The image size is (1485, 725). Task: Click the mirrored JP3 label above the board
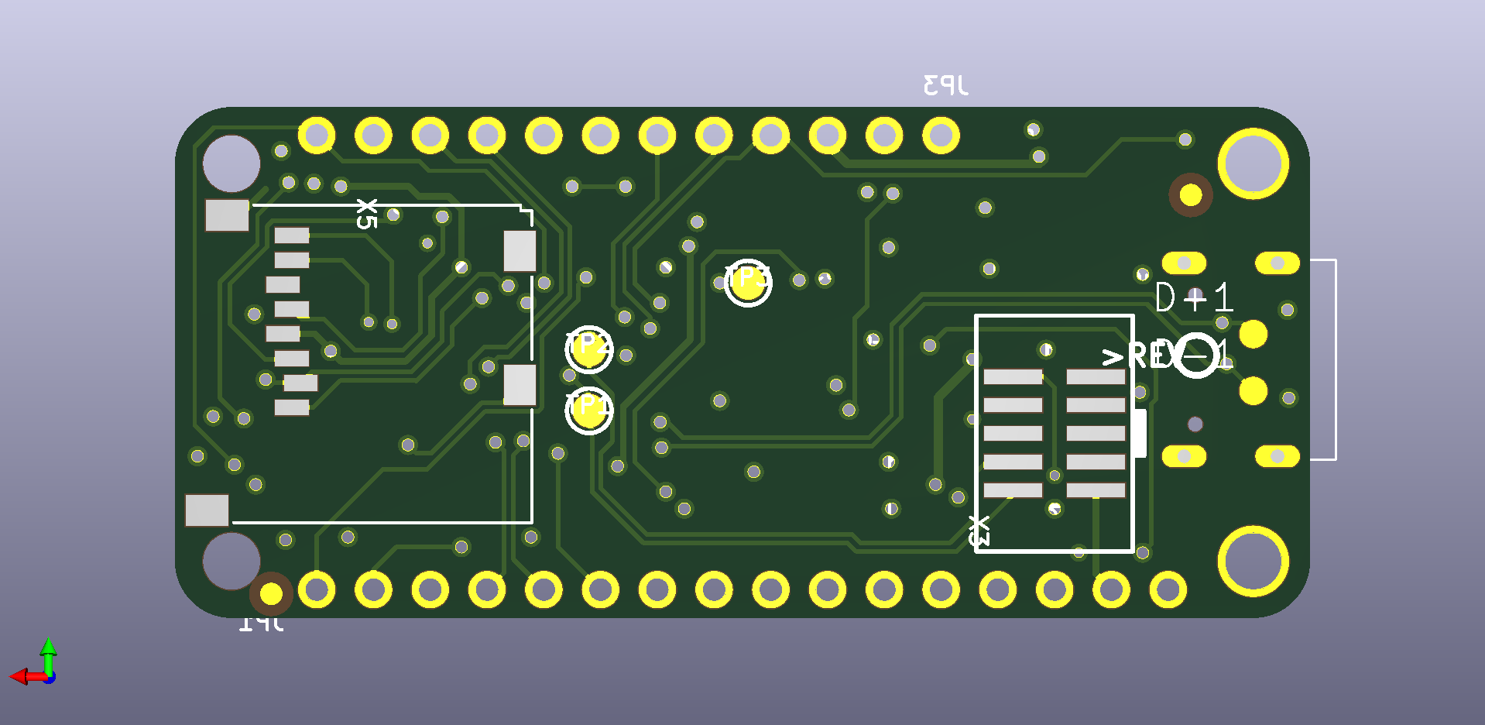[x=945, y=84]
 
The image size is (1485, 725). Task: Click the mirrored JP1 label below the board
[x=261, y=622]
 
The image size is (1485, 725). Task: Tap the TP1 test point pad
[x=588, y=411]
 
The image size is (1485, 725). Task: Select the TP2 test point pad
[x=588, y=349]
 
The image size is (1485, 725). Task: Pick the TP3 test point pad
[x=748, y=283]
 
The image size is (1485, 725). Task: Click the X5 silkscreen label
[x=366, y=214]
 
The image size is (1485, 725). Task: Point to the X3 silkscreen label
[x=979, y=531]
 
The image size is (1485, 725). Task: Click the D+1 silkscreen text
[x=1193, y=297]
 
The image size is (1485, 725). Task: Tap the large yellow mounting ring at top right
[x=1253, y=163]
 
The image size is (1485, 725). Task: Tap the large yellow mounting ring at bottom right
[x=1253, y=562]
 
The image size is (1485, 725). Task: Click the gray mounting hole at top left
[x=231, y=163]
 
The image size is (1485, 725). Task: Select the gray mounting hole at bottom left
[x=230, y=560]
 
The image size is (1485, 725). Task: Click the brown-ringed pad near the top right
[x=1190, y=195]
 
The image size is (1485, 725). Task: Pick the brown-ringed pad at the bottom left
[x=271, y=594]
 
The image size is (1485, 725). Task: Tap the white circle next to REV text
[x=1196, y=356]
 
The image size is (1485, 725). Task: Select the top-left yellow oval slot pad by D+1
[x=1184, y=263]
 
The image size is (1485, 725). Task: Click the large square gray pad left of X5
[x=227, y=215]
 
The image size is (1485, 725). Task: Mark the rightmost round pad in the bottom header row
[x=1168, y=590]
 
